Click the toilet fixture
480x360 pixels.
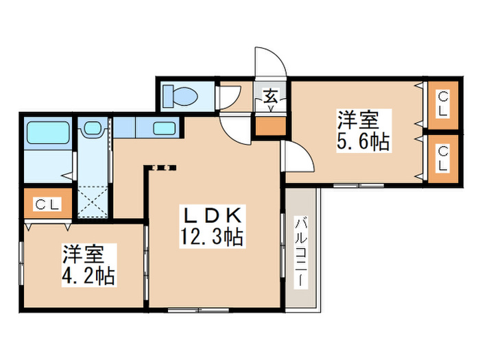click(182, 96)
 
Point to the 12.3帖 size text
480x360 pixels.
click(211, 238)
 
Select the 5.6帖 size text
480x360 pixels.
click(363, 142)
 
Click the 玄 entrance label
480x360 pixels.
click(271, 97)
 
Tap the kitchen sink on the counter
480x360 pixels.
click(163, 128)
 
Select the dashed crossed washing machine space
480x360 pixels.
click(91, 201)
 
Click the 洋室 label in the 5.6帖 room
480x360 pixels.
click(357, 120)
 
